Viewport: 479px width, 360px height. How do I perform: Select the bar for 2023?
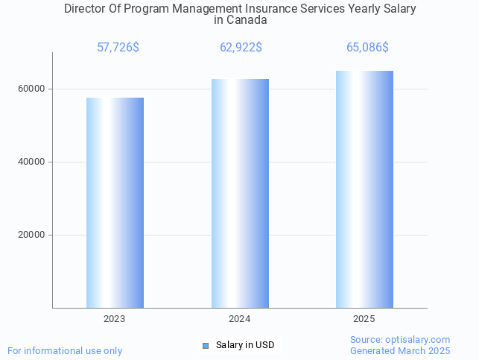coord(115,203)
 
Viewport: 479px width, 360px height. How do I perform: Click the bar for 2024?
coord(240,194)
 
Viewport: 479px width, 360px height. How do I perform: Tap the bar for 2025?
coord(364,189)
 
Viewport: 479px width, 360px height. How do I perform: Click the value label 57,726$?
coord(118,48)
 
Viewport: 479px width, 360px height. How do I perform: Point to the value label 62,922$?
coord(241,48)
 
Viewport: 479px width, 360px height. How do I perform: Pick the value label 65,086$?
coord(367,48)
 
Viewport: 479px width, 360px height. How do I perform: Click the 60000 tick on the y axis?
coord(31,89)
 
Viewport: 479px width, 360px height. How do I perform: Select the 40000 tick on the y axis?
coord(31,162)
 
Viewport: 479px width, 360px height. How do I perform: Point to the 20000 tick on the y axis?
coord(31,235)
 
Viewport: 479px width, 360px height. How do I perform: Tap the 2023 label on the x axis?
coord(115,318)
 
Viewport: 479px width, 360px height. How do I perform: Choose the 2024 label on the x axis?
coord(240,318)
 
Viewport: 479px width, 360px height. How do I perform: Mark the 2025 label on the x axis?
coord(364,318)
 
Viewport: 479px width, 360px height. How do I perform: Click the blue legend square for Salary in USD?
coord(206,345)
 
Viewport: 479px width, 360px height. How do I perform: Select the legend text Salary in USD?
coord(245,345)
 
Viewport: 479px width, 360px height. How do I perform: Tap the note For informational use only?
coord(65,350)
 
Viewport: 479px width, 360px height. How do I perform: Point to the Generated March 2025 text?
coord(400,350)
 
